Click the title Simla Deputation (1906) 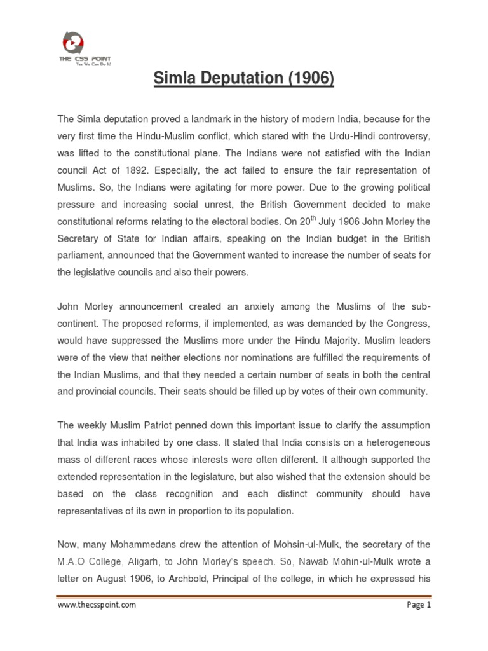point(244,79)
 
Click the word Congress point(407,322)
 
